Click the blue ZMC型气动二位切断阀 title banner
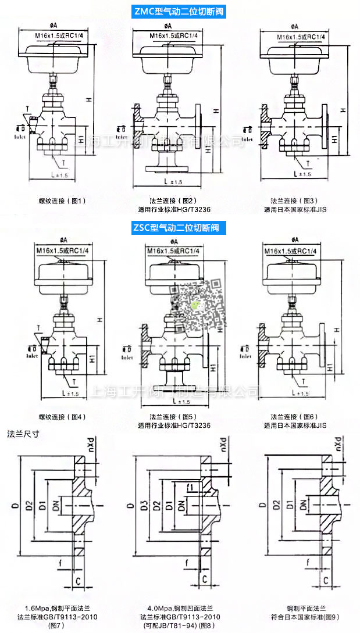click(x=180, y=12)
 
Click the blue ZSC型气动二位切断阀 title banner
click(x=180, y=227)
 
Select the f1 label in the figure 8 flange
click(x=190, y=486)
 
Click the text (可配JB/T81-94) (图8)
click(x=180, y=625)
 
